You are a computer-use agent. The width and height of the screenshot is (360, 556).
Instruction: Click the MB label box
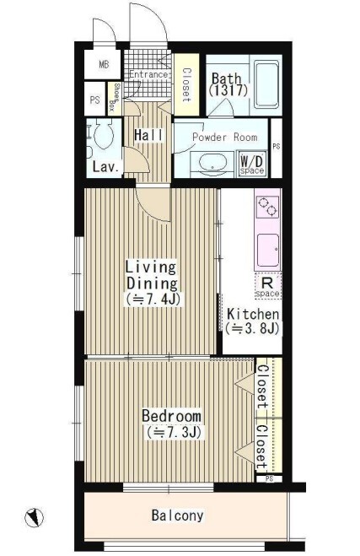[104, 65]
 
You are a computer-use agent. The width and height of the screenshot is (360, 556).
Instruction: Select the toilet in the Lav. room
[103, 134]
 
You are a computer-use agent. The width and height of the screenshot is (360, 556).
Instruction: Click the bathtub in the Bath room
[266, 84]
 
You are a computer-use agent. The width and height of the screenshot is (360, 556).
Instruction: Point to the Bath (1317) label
[228, 84]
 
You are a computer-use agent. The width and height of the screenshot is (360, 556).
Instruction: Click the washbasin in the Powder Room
[212, 164]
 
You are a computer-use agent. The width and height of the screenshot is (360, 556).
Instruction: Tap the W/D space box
[252, 165]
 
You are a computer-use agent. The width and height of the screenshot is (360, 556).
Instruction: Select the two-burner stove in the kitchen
[267, 207]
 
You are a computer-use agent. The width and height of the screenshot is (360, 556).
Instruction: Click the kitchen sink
[268, 250]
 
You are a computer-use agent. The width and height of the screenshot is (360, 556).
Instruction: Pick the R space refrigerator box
[268, 286]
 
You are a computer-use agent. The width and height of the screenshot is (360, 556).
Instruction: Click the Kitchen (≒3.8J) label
[253, 321]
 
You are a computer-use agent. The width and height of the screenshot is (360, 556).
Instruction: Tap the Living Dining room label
[152, 283]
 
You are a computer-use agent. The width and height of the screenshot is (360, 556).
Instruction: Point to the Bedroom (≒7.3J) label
[172, 424]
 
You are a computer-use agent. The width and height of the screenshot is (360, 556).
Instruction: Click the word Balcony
[178, 516]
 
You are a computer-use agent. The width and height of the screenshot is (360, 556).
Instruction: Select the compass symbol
[34, 517]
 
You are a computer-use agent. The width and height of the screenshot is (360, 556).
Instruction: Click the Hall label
[149, 135]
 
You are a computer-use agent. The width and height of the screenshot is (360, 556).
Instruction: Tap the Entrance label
[148, 75]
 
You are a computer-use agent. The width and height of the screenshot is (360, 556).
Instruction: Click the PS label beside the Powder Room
[277, 146]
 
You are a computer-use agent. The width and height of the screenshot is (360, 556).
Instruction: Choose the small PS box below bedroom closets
[269, 478]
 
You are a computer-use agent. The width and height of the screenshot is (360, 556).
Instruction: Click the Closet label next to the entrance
[186, 84]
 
